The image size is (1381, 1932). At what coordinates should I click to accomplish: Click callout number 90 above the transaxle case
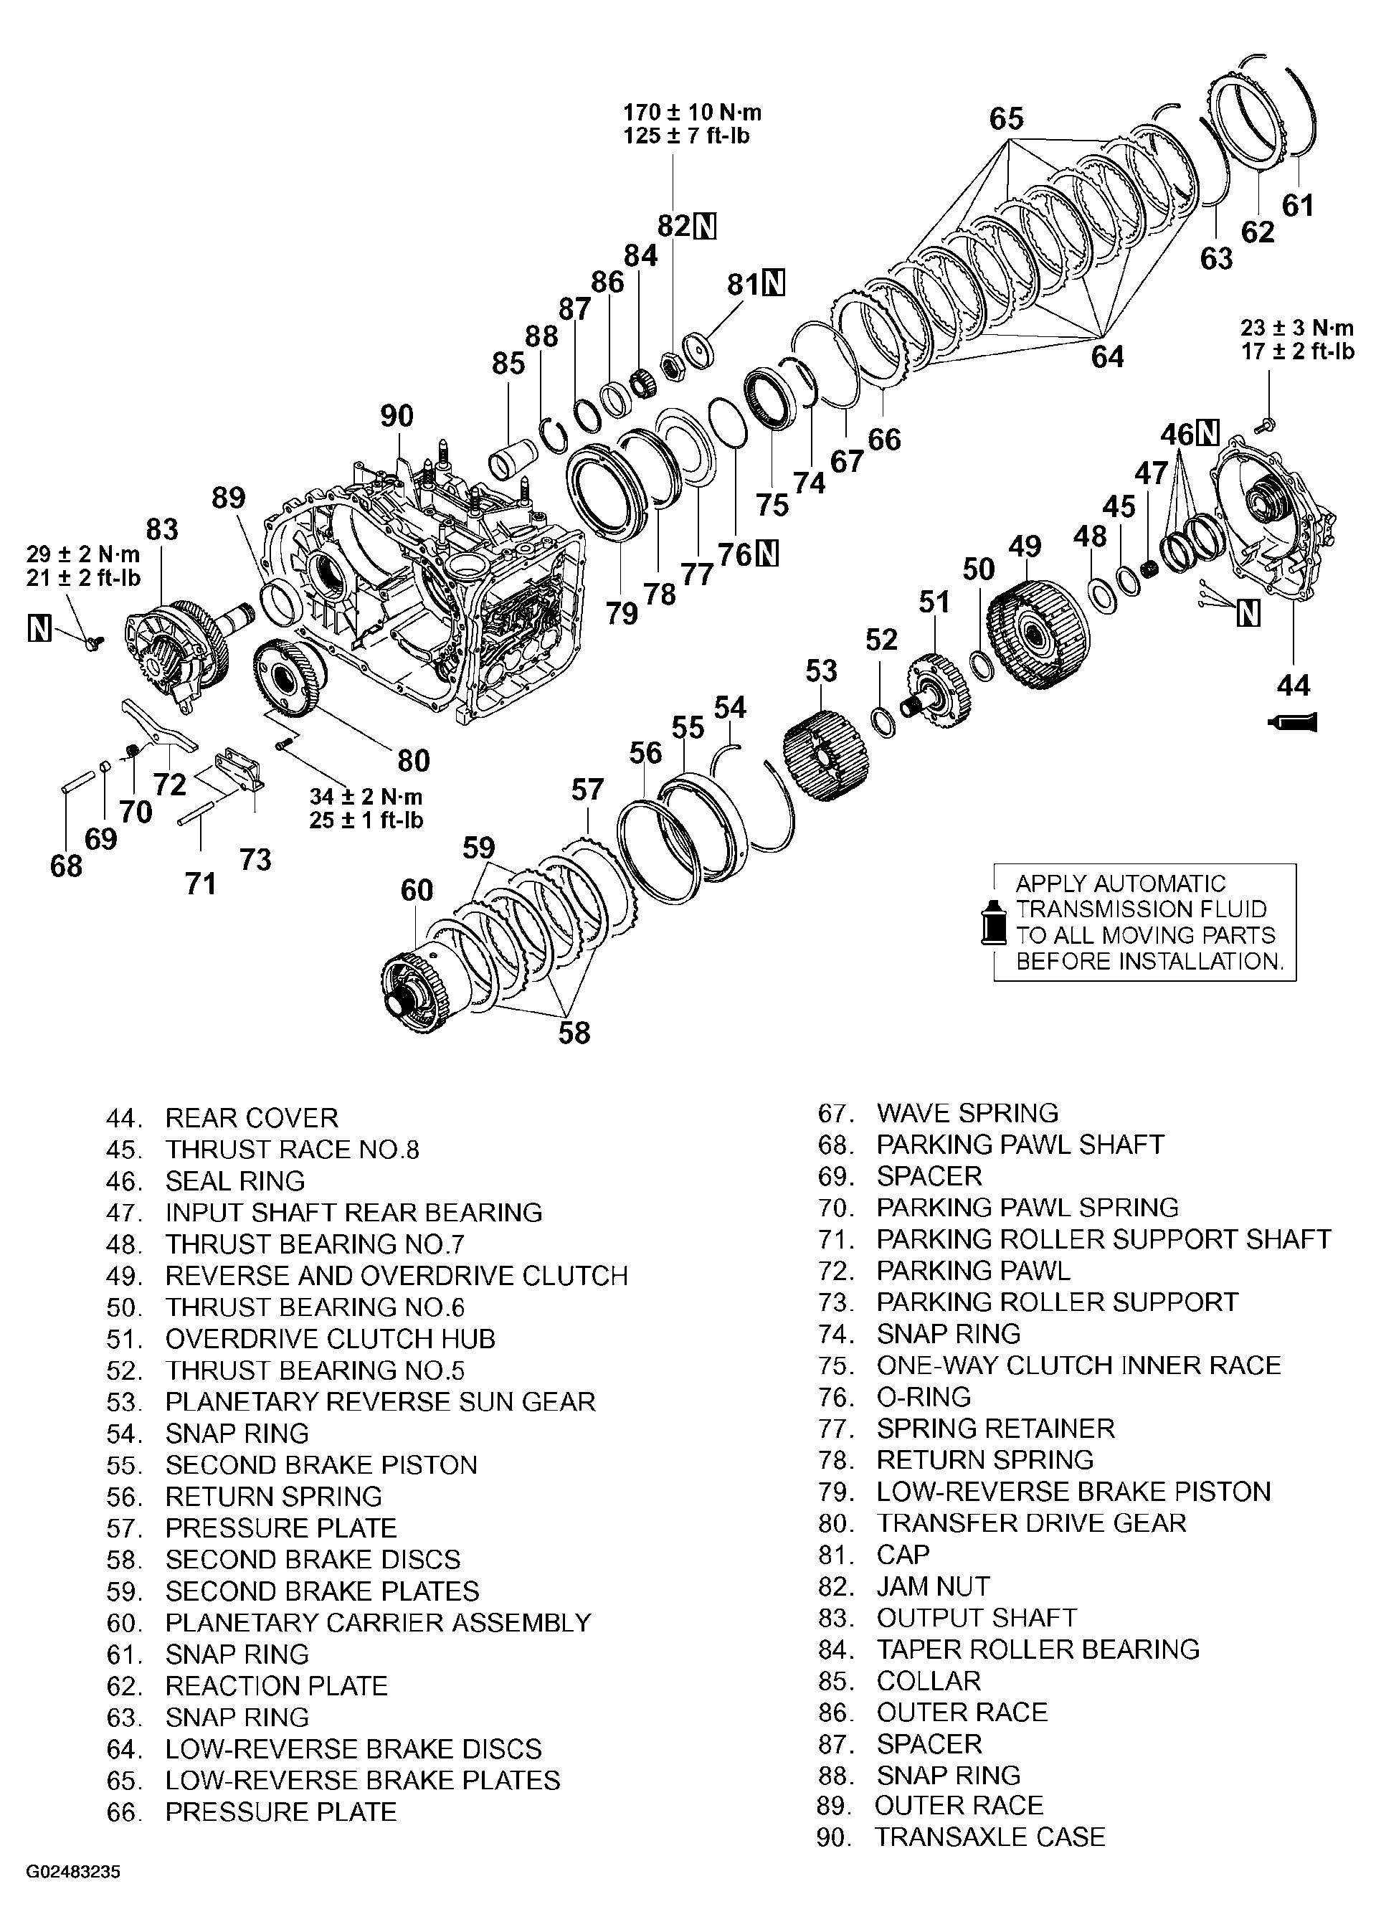point(397,416)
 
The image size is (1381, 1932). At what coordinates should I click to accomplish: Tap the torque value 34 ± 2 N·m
point(365,797)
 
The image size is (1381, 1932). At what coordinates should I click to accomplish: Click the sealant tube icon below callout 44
point(1293,723)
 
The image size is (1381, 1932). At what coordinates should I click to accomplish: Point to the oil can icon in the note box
point(990,921)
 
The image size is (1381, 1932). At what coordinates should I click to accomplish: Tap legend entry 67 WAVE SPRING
point(939,1113)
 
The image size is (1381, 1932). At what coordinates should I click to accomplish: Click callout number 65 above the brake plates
point(1006,118)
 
